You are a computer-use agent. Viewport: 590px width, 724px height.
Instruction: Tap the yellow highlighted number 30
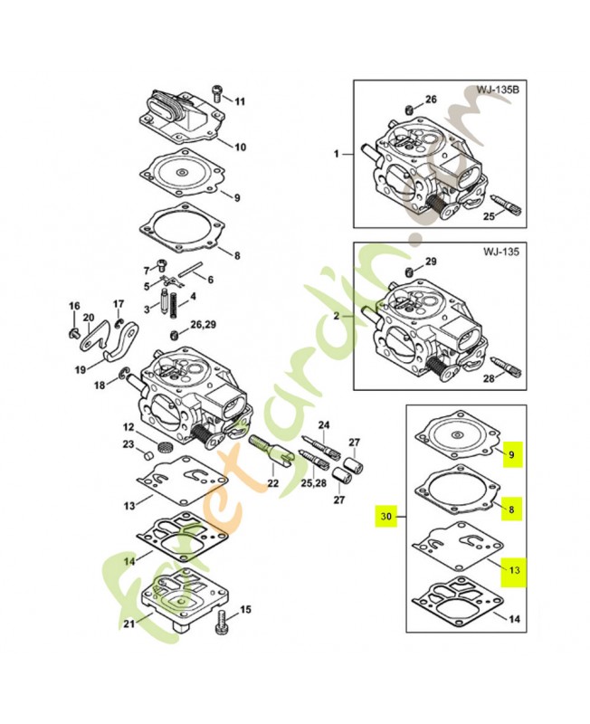(386, 517)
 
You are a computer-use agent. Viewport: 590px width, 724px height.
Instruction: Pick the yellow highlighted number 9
(511, 455)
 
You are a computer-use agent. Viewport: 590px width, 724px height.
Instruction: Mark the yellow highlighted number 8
(511, 510)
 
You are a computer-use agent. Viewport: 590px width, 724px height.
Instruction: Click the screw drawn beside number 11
(217, 91)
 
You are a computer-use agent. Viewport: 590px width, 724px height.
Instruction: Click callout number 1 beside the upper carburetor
(337, 155)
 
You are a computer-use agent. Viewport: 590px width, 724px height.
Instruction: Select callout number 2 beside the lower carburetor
(337, 317)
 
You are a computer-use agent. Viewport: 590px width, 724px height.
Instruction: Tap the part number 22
(273, 484)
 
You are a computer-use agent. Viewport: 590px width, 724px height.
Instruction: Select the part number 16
(74, 305)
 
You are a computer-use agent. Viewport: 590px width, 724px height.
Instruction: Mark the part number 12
(128, 426)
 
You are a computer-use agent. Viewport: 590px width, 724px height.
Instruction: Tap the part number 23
(128, 443)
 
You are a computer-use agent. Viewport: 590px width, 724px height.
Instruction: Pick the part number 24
(324, 424)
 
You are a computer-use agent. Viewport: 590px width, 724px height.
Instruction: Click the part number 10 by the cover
(240, 147)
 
